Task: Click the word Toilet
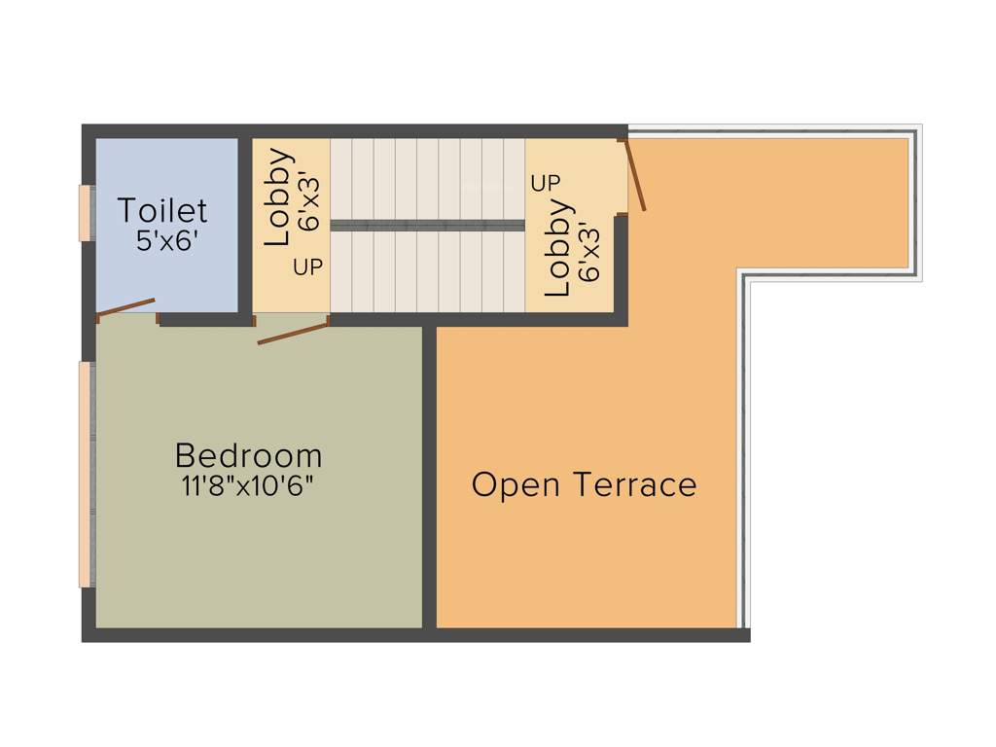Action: pyautogui.click(x=162, y=211)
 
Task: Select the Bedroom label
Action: pyautogui.click(x=248, y=455)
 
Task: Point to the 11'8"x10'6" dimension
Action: pyautogui.click(x=248, y=486)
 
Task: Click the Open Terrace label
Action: pyautogui.click(x=584, y=484)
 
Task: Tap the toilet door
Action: pyautogui.click(x=126, y=307)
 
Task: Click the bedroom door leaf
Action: pyautogui.click(x=293, y=331)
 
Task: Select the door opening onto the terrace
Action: pyautogui.click(x=634, y=176)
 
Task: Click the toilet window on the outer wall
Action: pyautogui.click(x=85, y=211)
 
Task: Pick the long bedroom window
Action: pyautogui.click(x=86, y=474)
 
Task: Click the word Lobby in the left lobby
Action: pyautogui.click(x=278, y=196)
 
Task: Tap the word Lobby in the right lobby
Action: pyautogui.click(x=557, y=248)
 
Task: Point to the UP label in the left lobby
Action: pyautogui.click(x=308, y=267)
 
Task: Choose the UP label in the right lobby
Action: pyautogui.click(x=546, y=183)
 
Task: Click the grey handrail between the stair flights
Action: pyautogui.click(x=427, y=225)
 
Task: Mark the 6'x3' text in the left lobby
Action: pyautogui.click(x=309, y=203)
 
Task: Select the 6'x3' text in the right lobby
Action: pyautogui.click(x=588, y=251)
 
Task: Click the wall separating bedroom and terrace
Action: pyautogui.click(x=429, y=477)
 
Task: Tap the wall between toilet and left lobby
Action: pyautogui.click(x=245, y=224)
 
